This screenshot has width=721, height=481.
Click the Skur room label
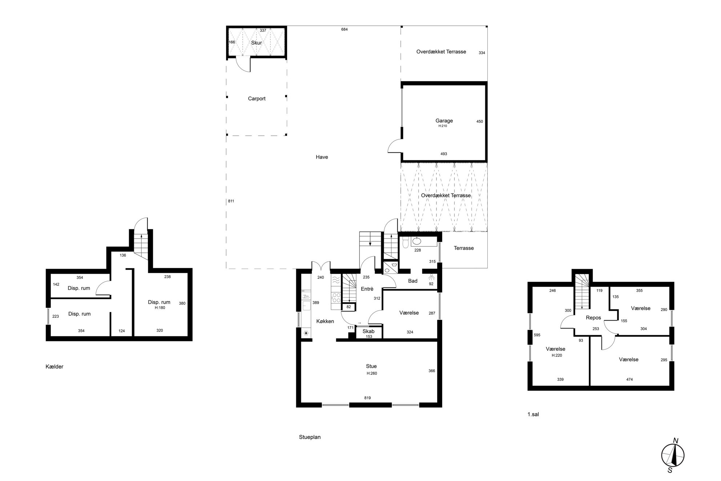257,43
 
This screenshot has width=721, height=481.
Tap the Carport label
257,99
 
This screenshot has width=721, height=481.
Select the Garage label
444,121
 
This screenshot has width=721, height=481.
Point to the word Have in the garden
322,157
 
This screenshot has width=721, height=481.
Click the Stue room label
371,366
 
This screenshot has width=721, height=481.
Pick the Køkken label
325,321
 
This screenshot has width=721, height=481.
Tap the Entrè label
367,289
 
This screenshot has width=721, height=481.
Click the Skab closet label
368,331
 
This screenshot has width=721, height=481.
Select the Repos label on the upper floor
593,317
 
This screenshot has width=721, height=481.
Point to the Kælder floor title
55,366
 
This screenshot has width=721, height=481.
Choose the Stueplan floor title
310,437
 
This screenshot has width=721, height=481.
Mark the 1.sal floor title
533,414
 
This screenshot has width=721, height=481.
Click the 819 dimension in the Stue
367,398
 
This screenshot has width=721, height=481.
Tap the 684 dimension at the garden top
345,29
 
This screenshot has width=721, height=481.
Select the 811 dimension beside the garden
231,201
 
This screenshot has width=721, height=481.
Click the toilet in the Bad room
406,242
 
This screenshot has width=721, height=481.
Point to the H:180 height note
160,308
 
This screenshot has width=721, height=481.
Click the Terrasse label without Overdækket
464,248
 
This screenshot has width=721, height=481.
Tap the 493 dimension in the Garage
444,154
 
